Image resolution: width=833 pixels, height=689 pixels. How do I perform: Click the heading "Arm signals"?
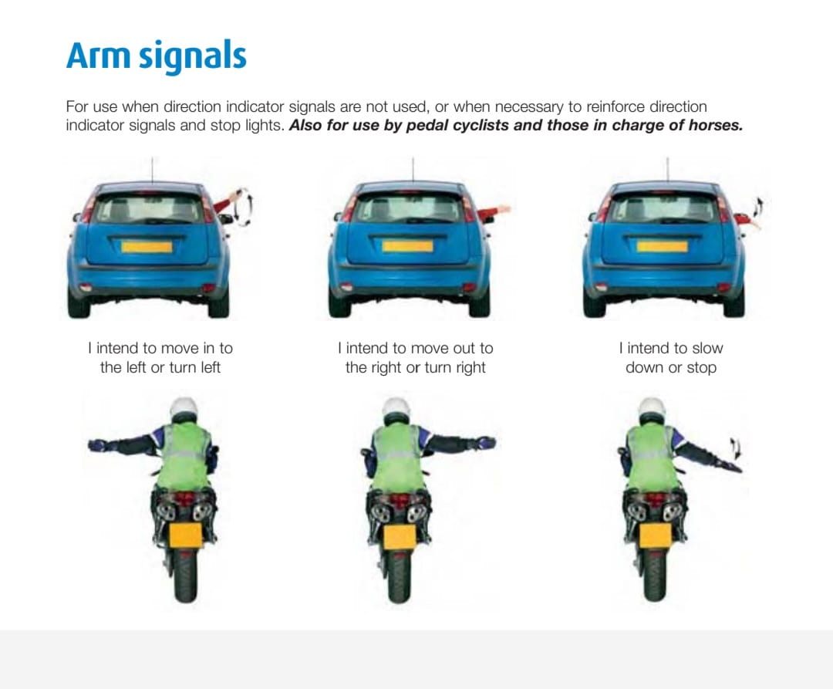156,56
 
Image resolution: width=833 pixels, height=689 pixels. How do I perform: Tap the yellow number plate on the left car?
147,246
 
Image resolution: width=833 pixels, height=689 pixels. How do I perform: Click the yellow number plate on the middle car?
407,246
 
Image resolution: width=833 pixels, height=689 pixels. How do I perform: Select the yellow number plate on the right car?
662,246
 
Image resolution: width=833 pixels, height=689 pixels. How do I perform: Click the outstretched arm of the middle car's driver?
494,213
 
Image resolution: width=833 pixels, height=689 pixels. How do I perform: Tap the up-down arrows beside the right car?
759,208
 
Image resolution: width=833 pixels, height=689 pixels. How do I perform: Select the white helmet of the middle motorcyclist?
396,410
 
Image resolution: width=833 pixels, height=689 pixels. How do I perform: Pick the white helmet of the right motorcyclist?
651,410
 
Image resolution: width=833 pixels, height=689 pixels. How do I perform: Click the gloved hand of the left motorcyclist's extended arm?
98,445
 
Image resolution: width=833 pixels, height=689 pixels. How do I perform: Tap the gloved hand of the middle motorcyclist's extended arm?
486,443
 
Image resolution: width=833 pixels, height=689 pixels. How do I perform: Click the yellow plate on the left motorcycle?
185,535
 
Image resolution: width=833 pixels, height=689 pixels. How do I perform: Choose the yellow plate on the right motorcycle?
655,535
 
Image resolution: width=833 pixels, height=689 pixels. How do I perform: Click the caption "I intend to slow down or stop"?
671,357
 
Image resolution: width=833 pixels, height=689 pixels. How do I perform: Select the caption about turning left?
160,357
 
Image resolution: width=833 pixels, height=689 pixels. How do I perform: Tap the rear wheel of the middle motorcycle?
399,576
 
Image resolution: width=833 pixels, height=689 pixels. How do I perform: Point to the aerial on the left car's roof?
153,170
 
